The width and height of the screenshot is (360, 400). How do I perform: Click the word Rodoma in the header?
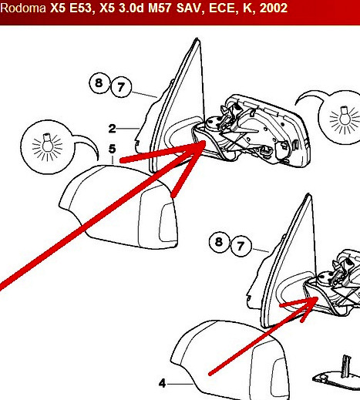point(23,8)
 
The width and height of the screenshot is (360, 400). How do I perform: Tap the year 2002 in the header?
point(274,8)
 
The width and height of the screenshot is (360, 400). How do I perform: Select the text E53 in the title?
point(80,8)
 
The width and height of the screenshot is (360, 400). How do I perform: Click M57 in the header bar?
point(160,8)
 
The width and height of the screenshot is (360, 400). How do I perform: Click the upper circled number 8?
point(99,83)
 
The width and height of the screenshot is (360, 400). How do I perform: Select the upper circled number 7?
point(121,87)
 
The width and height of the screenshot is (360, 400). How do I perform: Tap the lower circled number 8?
point(219,242)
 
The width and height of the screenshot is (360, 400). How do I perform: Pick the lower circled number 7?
point(241,246)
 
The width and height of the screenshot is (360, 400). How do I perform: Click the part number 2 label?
point(112,129)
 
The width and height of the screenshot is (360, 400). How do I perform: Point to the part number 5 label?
point(112,149)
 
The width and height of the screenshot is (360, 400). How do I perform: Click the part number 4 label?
point(162,384)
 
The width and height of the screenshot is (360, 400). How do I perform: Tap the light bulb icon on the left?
point(47,147)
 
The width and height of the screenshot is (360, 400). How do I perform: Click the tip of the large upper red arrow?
point(205,141)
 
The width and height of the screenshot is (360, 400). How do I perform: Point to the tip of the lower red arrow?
point(318,297)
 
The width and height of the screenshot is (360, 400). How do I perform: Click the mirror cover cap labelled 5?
point(118,207)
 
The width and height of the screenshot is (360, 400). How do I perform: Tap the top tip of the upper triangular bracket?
point(197,39)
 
